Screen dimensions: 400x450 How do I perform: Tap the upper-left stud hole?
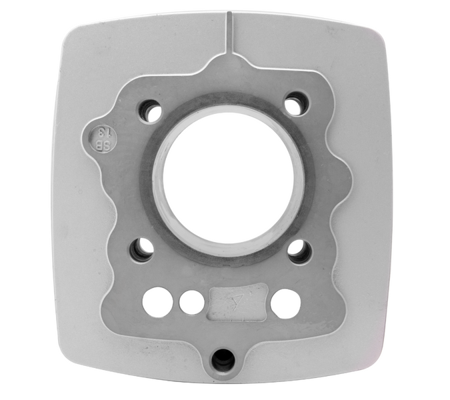[x=151, y=111]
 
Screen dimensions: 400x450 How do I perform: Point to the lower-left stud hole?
[x=142, y=249]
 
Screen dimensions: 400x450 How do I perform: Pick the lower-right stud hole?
[x=299, y=251]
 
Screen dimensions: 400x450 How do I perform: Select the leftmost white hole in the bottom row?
[x=157, y=302]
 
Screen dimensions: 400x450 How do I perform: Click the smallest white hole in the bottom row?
[x=192, y=302]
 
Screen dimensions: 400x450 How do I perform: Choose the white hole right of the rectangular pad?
[x=285, y=303]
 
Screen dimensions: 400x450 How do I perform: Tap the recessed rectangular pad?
[x=238, y=302]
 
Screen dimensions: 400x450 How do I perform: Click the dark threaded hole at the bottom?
[x=223, y=360]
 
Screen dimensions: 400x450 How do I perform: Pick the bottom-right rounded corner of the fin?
[x=373, y=373]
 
